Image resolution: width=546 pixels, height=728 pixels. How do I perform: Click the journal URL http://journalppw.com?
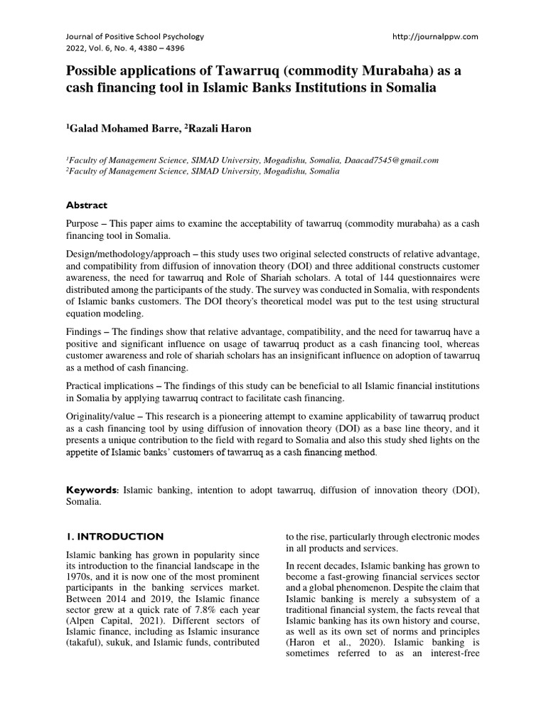point(435,36)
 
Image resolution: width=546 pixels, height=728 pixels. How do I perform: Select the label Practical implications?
point(113,385)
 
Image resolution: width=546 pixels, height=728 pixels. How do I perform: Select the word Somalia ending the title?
point(407,88)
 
